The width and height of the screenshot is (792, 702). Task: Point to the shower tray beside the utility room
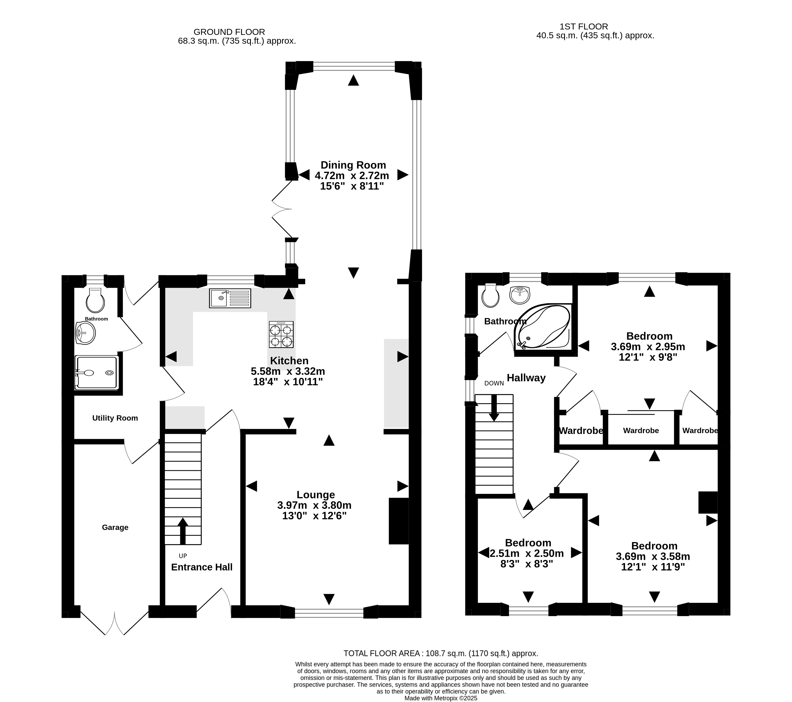coord(96,372)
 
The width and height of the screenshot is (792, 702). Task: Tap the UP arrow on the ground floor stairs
coord(183,531)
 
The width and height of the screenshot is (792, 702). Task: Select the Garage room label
coord(115,527)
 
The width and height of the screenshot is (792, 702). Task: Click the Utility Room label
coord(115,418)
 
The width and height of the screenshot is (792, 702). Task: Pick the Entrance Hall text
coord(202,567)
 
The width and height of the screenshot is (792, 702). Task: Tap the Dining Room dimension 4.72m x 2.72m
coord(352,175)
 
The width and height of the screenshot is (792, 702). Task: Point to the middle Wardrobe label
coord(641,431)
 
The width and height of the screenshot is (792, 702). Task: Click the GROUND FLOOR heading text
coord(229,32)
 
